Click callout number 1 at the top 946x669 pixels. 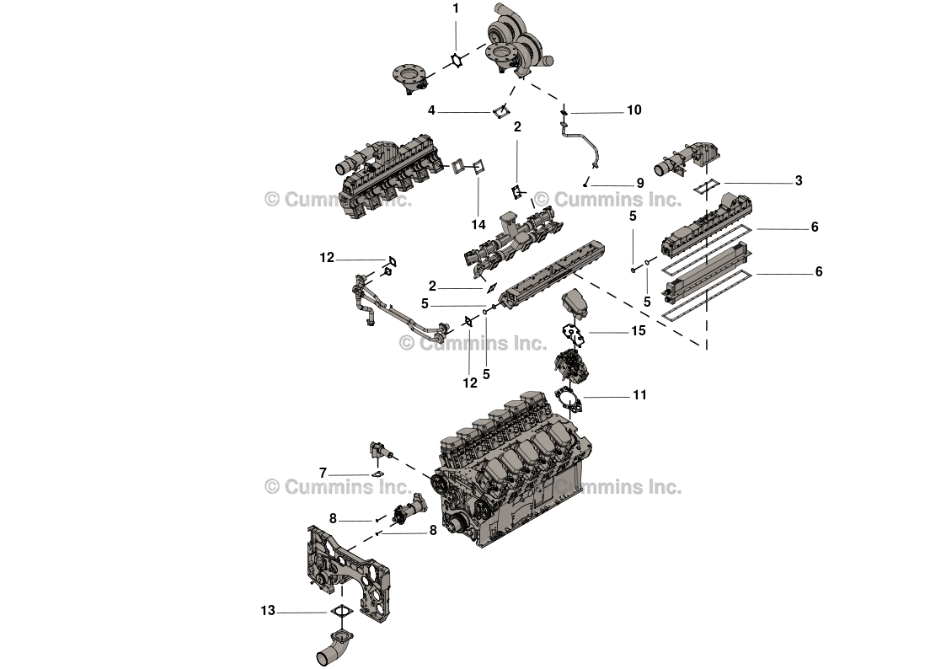[456, 8]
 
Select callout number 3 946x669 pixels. [799, 181]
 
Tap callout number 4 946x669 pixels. [431, 110]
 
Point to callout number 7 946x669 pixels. [323, 474]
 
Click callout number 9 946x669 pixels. [639, 182]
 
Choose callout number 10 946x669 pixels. [633, 110]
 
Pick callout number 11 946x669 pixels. [639, 394]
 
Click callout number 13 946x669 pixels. [268, 611]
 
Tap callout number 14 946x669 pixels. [478, 225]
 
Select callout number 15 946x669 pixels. [639, 331]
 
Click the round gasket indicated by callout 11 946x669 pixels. [571, 397]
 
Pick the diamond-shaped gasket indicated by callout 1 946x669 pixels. [457, 61]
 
